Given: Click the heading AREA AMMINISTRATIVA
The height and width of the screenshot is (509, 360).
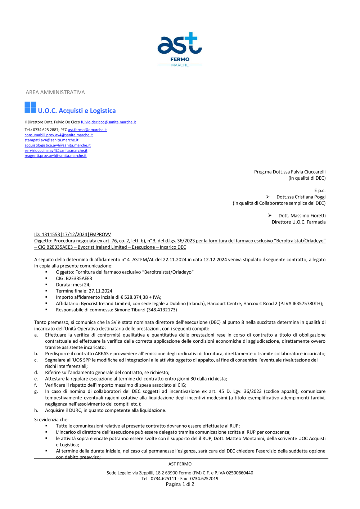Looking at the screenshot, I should click(55, 93).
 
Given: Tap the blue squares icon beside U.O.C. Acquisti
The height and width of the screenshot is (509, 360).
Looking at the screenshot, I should click(30, 107).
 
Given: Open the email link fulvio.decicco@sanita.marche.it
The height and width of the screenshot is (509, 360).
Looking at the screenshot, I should click(108, 122).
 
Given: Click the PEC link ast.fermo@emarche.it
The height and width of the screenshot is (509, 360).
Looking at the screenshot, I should click(87, 130).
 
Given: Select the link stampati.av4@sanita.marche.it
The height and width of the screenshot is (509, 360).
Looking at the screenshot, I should click(51, 140).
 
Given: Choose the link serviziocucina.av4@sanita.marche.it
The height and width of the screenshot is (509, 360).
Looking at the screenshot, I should click(56, 151).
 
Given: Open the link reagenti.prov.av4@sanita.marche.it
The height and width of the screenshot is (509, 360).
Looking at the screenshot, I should click(55, 156).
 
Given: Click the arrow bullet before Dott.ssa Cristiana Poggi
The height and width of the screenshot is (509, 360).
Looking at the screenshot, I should click(268, 197).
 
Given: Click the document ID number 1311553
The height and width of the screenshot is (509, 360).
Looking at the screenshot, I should click(51, 235).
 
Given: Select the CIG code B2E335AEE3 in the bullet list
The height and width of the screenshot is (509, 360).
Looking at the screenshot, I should click(79, 279).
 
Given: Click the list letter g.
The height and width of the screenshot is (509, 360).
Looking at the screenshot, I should click(36, 392).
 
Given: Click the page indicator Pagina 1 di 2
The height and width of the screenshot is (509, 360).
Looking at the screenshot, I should click(180, 485).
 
